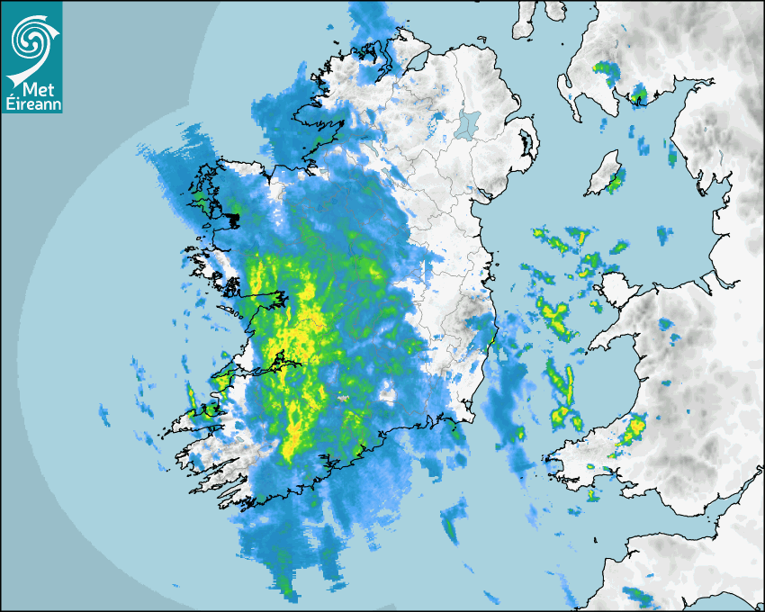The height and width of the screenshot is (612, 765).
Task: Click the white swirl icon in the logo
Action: (29, 38)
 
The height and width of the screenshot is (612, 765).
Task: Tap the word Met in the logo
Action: (37, 88)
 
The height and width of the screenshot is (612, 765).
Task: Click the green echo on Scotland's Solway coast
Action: (639, 94)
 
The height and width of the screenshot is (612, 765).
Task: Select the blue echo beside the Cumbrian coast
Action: (671, 153)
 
